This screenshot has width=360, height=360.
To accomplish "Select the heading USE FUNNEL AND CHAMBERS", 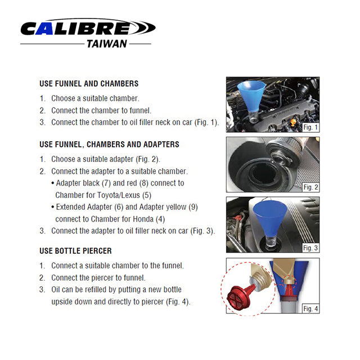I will [89, 84].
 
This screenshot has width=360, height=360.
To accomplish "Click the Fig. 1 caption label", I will [310, 127].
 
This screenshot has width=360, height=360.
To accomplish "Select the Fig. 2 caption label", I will [310, 187].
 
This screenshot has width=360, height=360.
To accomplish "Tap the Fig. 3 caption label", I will [310, 247].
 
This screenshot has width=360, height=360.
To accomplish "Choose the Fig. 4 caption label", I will [310, 308].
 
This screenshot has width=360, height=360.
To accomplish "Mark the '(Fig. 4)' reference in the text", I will [178, 302].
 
